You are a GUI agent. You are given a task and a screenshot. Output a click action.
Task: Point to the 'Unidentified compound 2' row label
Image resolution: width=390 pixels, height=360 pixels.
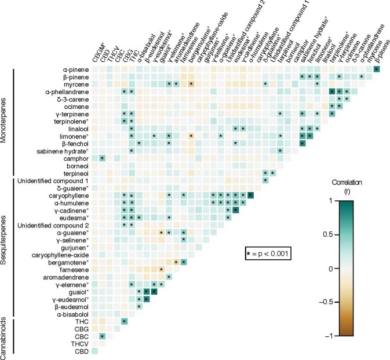point(54,225)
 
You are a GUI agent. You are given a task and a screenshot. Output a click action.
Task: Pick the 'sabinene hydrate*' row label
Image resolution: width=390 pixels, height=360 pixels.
point(67,150)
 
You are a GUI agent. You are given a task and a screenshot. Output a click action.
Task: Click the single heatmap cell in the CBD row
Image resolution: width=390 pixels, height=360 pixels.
point(94,351)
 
